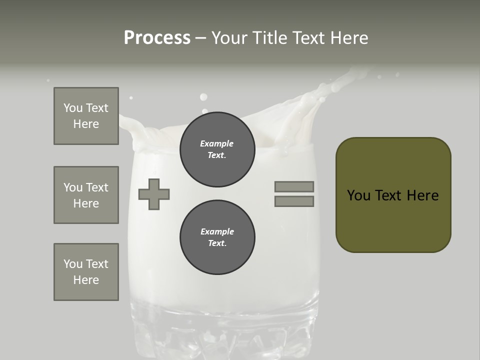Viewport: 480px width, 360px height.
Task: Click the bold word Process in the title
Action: click(157, 38)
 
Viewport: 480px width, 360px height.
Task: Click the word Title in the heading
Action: click(268, 38)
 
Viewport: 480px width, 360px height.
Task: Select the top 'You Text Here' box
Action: click(86, 116)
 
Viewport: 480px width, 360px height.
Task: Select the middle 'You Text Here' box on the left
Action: click(86, 195)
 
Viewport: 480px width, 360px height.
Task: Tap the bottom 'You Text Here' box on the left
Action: click(86, 272)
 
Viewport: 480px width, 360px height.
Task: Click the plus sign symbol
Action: click(154, 194)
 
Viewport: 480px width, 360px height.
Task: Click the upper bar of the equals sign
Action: click(294, 186)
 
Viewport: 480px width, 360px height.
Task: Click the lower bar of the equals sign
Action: click(294, 201)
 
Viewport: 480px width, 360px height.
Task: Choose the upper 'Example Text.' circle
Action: click(217, 149)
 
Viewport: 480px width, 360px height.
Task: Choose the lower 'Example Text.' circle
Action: click(217, 237)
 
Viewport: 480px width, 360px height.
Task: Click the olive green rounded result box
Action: click(393, 195)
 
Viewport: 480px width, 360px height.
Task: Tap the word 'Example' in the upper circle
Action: click(217, 143)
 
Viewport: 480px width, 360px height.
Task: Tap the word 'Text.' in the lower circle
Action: click(217, 243)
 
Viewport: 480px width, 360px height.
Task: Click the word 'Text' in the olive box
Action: click(391, 195)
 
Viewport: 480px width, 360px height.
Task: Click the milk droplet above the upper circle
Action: click(203, 97)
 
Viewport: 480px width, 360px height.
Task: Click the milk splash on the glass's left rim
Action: click(131, 127)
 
